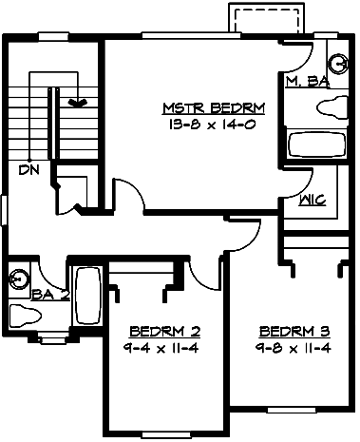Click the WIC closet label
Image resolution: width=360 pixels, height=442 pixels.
pyautogui.click(x=313, y=201)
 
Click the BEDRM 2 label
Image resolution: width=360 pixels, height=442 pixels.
pyautogui.click(x=164, y=332)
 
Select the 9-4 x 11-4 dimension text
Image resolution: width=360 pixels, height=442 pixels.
pyautogui.click(x=164, y=347)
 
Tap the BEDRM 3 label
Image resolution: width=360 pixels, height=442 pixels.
pyautogui.click(x=294, y=332)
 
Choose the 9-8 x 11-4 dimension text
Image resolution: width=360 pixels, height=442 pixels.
pyautogui.click(x=294, y=347)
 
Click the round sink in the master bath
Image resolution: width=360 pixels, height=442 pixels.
pyautogui.click(x=335, y=53)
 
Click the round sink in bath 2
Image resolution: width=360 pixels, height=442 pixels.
pyautogui.click(x=18, y=279)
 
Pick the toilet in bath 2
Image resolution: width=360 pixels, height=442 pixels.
pyautogui.click(x=23, y=313)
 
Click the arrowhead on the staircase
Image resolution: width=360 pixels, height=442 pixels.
pyautogui.click(x=80, y=101)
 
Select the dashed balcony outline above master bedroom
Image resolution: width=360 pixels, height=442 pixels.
pyautogui.click(x=266, y=16)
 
